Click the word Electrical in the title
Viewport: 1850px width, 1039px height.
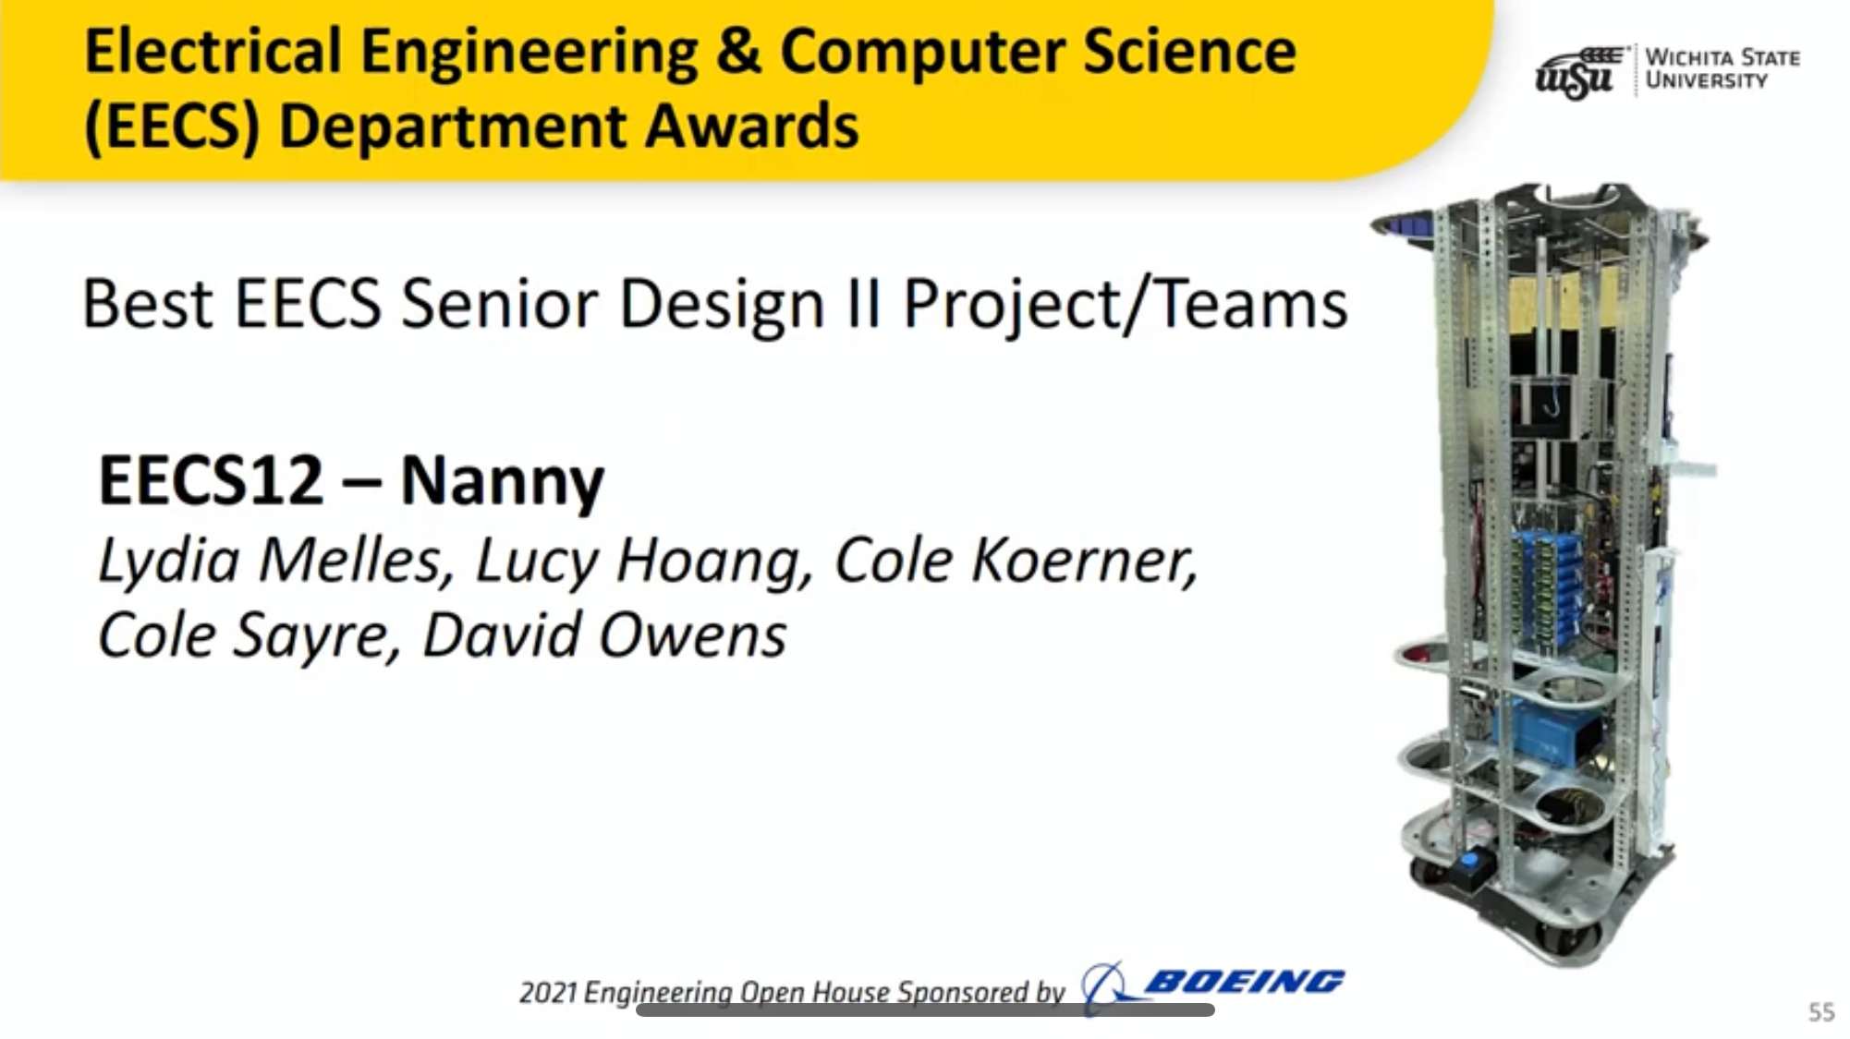[213, 51]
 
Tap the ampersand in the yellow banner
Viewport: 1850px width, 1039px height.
[738, 51]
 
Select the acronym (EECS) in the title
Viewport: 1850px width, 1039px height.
[172, 127]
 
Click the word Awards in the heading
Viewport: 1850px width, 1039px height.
[751, 126]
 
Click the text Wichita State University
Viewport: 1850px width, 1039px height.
[1722, 69]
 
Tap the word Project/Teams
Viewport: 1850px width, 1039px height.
[1125, 305]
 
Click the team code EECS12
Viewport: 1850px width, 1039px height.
[211, 480]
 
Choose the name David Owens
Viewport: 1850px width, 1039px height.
[604, 635]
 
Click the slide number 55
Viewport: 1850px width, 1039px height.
[1821, 1012]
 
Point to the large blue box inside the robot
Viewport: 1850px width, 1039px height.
[1555, 733]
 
